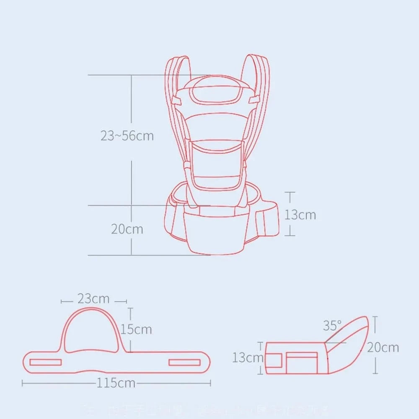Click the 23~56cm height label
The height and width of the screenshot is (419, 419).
point(127,136)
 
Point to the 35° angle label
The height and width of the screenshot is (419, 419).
point(332,325)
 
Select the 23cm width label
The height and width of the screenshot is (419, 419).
point(93,299)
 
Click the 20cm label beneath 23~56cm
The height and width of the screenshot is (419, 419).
point(127,229)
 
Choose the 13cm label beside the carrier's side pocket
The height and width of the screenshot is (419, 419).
point(300,215)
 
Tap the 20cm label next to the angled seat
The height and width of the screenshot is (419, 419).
point(383,347)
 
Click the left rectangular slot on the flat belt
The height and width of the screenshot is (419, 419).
point(46,362)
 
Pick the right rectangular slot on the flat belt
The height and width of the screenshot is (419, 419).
point(184,362)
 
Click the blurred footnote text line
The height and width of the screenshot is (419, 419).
point(209,409)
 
